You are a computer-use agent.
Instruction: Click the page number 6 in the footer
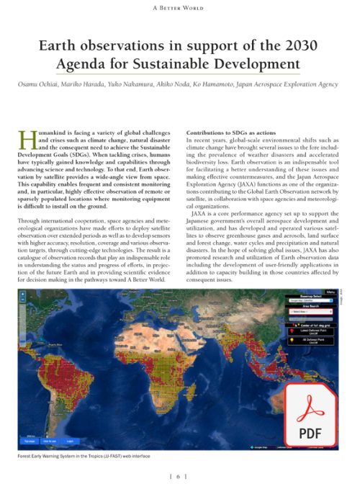coord(180,476)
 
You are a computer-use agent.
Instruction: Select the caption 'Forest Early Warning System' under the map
coord(58,457)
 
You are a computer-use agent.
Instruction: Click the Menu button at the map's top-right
coord(330,292)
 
